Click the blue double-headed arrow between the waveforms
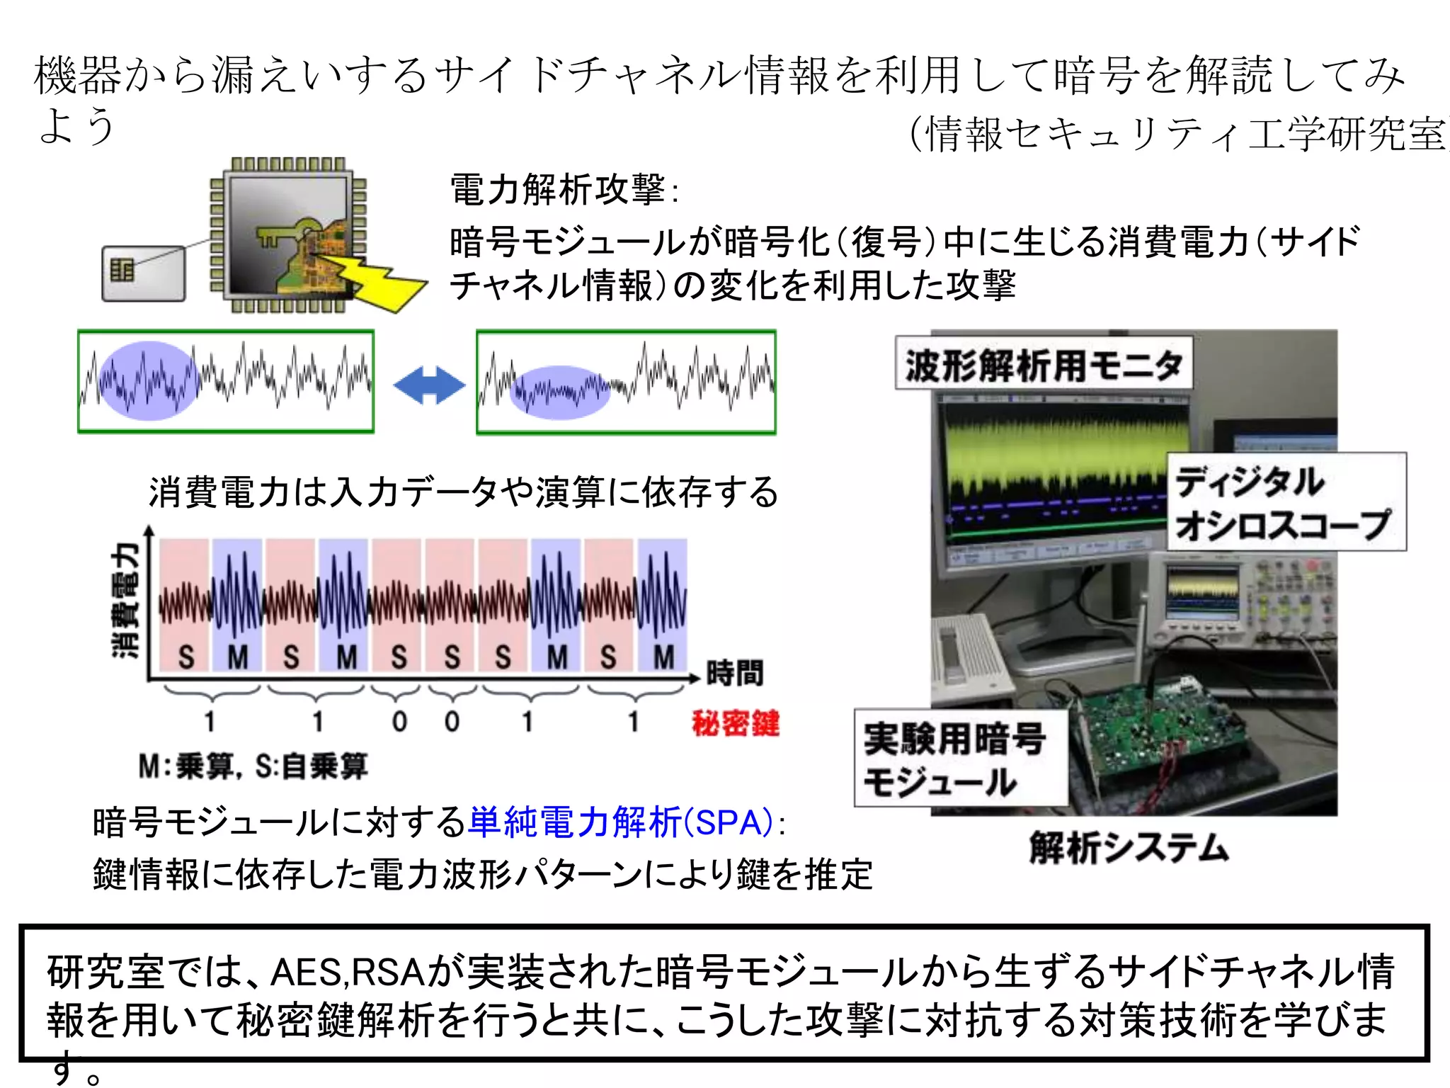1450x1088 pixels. click(429, 385)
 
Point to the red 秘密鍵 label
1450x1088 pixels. click(736, 723)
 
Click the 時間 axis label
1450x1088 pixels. click(735, 672)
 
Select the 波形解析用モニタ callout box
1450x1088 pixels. click(1044, 364)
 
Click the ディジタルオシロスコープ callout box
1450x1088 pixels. click(1285, 502)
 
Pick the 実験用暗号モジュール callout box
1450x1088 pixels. click(959, 759)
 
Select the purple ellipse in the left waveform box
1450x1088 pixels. click(149, 381)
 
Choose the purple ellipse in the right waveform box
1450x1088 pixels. click(559, 392)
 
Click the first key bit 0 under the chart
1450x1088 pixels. click(399, 722)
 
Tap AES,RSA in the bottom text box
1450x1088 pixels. click(346, 972)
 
